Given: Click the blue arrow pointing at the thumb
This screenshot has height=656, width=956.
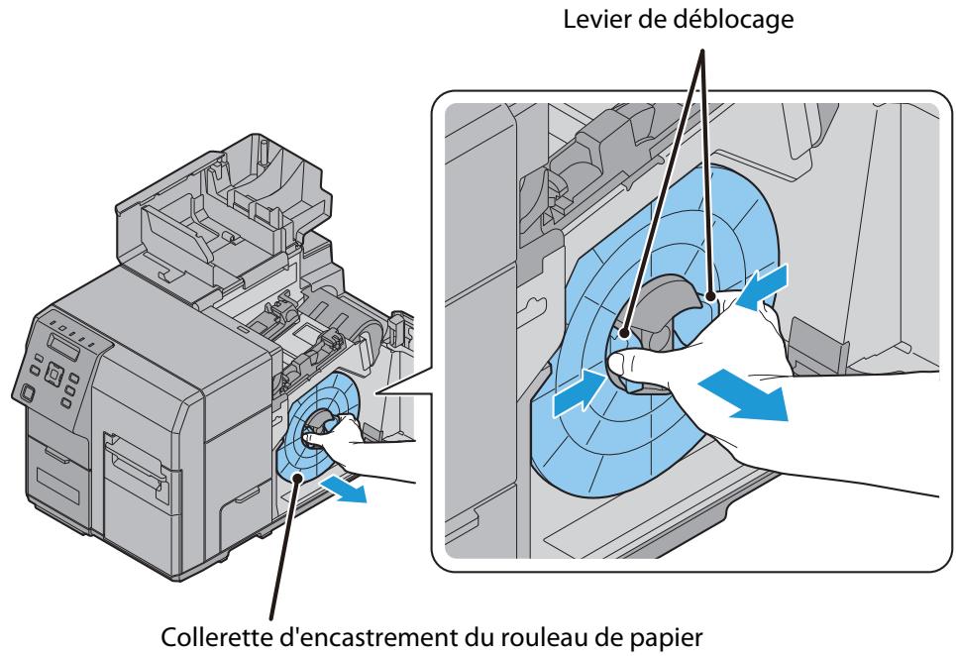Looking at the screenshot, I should [576, 390].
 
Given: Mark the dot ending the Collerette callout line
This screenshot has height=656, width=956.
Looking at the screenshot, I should [296, 478].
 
